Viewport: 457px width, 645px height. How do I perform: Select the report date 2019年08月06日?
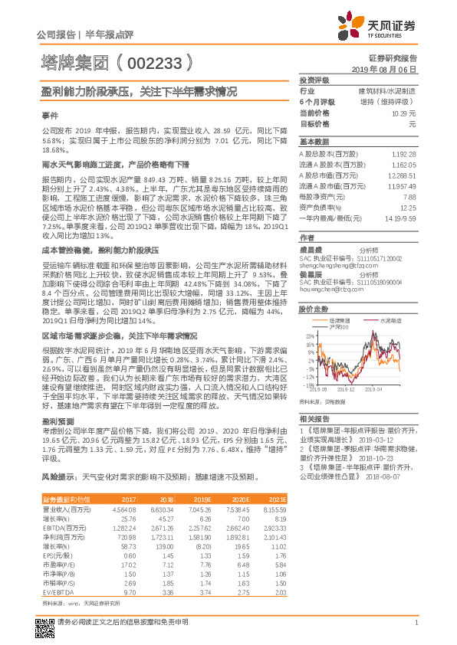point(388,69)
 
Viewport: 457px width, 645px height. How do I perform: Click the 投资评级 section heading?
point(314,80)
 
